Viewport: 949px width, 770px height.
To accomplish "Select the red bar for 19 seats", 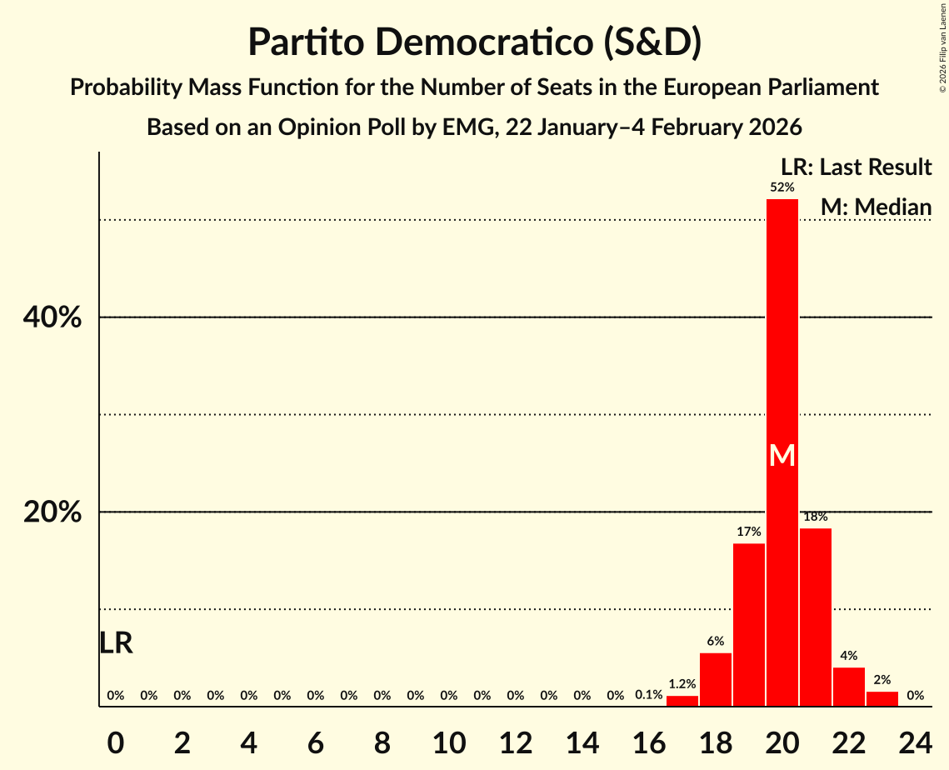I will coord(748,625).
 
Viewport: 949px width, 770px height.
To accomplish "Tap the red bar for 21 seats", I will coord(815,617).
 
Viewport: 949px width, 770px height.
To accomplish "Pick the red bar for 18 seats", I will coord(715,679).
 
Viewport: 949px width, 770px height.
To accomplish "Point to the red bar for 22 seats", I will coord(848,687).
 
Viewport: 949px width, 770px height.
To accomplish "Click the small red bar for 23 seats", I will coord(882,699).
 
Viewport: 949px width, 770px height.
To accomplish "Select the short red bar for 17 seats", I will coord(682,701).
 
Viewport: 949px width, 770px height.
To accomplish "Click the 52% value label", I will coord(782,187).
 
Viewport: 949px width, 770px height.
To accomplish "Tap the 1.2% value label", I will coord(682,684).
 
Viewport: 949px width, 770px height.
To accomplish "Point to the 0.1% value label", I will coord(648,695).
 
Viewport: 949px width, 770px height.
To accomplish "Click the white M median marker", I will coord(782,455).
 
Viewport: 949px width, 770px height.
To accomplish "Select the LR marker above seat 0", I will coord(116,643).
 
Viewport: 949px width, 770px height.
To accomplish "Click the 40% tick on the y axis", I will coord(52,317).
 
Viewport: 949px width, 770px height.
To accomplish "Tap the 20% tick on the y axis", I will coord(52,512).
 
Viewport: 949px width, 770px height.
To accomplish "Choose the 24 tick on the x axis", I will coord(915,740).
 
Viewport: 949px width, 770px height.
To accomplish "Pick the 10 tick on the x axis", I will coord(448,740).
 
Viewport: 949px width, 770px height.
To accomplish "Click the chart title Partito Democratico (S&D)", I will coord(474,42).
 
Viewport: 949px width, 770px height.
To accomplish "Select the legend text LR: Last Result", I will coord(856,167).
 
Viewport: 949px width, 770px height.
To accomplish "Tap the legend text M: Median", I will coord(875,206).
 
